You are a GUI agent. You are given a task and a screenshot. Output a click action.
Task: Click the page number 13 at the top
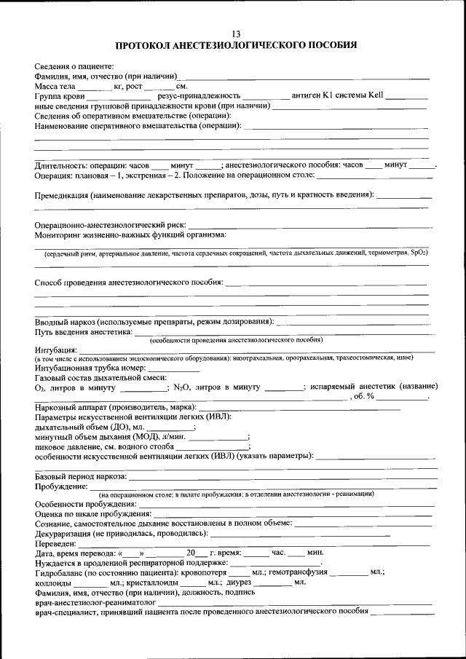pyautogui.click(x=236, y=34)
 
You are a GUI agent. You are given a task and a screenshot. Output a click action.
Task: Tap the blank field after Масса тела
pyautogui.click(x=90, y=87)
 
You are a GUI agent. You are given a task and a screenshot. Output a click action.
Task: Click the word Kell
pyautogui.click(x=375, y=95)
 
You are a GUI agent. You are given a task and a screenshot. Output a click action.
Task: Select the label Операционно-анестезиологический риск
pyautogui.click(x=110, y=225)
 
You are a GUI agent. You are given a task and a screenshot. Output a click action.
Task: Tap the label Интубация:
pyautogui.click(x=55, y=350)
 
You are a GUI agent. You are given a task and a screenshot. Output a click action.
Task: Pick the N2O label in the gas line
pyautogui.click(x=181, y=387)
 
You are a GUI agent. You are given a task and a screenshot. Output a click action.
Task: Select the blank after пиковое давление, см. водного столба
pyautogui.click(x=212, y=446)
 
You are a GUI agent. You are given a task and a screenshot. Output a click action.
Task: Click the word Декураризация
pyautogui.click(x=68, y=533)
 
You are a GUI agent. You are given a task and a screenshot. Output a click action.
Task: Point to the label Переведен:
pyautogui.click(x=55, y=543)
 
